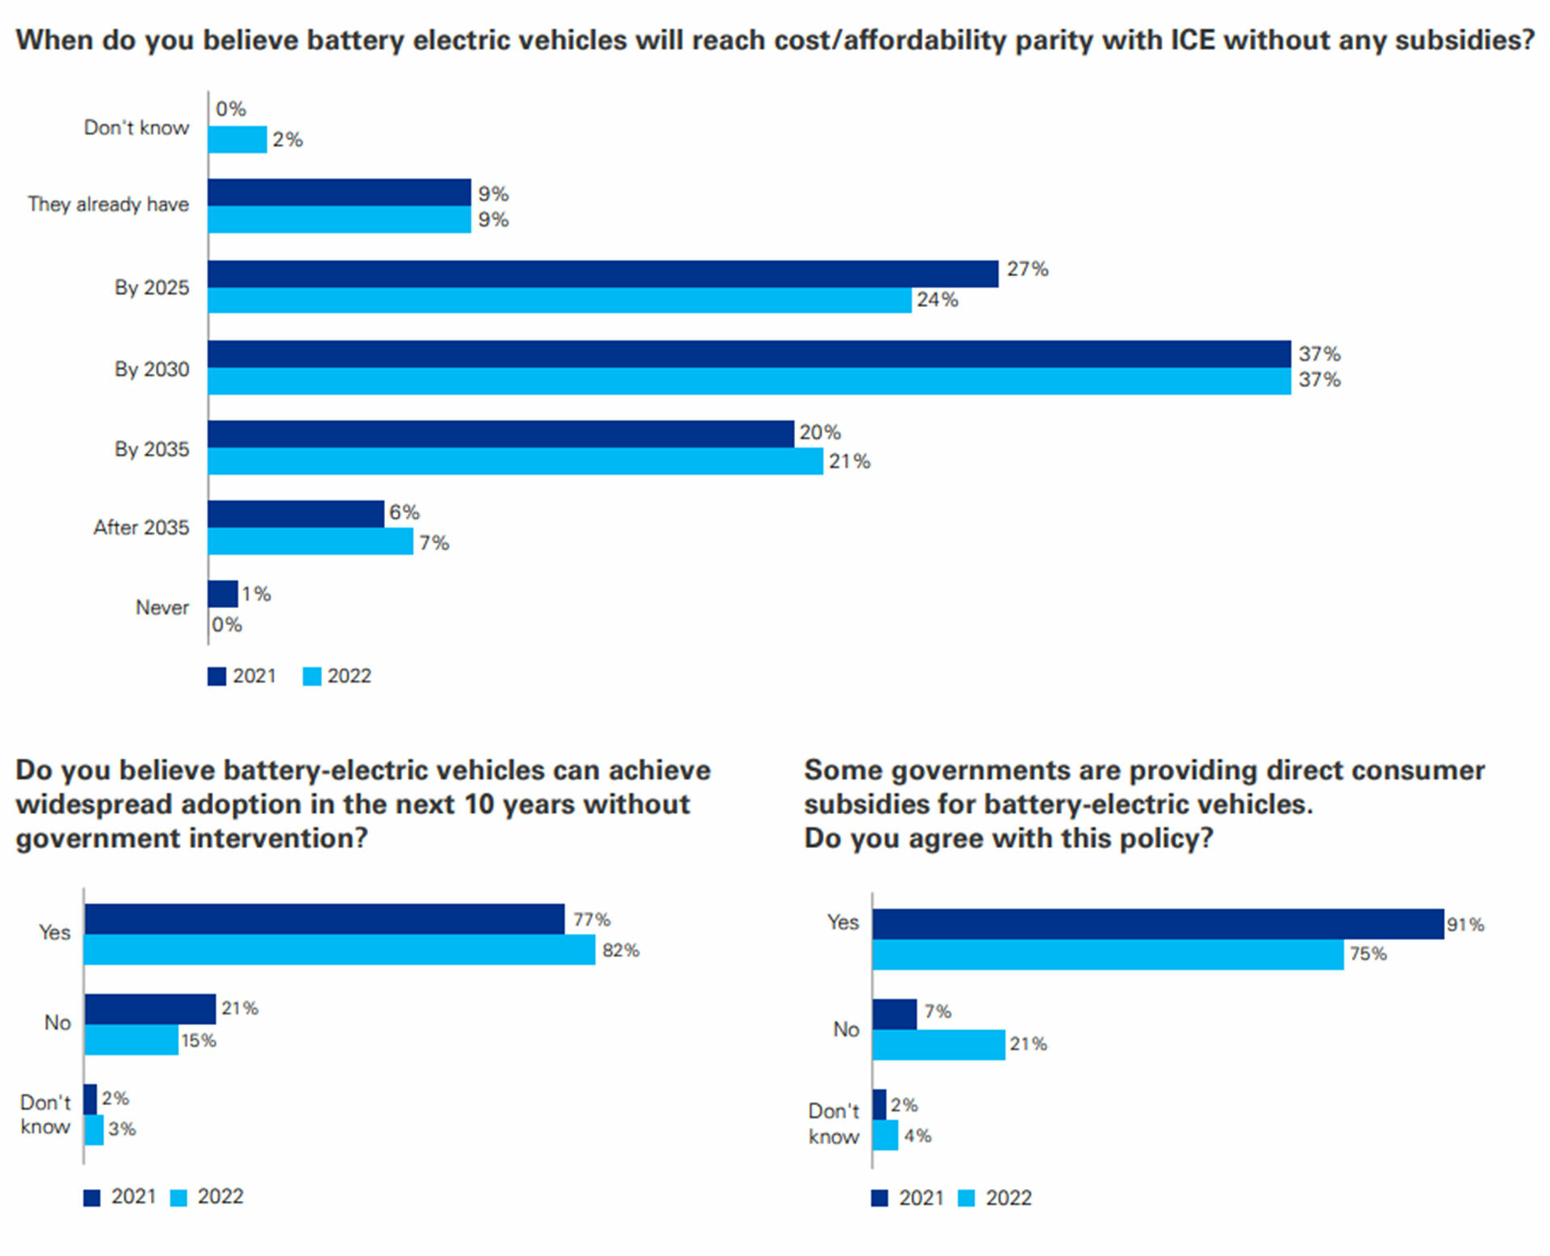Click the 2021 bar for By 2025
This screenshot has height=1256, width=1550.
tap(602, 274)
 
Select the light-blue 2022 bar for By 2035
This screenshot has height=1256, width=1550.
tap(515, 461)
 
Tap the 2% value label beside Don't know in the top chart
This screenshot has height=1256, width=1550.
tap(287, 140)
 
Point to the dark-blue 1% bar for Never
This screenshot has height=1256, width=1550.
tap(223, 594)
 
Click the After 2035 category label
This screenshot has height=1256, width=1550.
tap(141, 527)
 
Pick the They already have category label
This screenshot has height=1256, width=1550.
tap(108, 204)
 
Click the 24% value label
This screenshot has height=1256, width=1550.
tap(937, 300)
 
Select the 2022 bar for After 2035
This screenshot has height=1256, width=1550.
tap(310, 541)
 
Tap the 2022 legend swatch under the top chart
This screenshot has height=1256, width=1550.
tap(312, 676)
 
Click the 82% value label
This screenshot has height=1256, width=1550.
tap(621, 951)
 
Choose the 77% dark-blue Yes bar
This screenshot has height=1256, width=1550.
tap(324, 919)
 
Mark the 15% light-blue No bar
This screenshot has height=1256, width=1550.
tap(131, 1040)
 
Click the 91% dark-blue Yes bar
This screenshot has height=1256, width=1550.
tap(1158, 924)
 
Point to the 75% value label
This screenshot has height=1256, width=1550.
tap(1368, 954)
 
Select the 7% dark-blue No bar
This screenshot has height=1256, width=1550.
tap(894, 1014)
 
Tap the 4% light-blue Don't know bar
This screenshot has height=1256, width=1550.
tap(886, 1135)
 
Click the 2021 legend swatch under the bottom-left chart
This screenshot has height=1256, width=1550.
tap(92, 1198)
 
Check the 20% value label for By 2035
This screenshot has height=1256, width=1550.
tap(820, 433)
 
